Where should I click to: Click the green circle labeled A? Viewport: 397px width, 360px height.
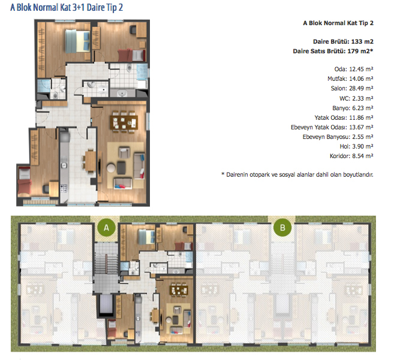click(x=106, y=228)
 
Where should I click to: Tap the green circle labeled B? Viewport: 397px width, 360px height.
click(x=282, y=228)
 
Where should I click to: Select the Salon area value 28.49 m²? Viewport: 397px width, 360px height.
click(x=361, y=89)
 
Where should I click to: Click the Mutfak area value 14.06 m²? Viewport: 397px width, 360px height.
click(x=361, y=79)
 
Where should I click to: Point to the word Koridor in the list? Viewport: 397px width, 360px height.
click(x=339, y=156)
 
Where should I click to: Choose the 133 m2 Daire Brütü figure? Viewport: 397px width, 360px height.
click(x=362, y=42)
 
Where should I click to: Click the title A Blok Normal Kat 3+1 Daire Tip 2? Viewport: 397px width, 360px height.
click(x=67, y=8)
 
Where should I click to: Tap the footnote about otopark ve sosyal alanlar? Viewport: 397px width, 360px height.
click(x=297, y=175)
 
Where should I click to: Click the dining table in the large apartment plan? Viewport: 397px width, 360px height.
click(x=124, y=122)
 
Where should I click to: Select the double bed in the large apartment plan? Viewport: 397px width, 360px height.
click(x=77, y=41)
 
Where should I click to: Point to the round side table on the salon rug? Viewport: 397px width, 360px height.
click(x=111, y=168)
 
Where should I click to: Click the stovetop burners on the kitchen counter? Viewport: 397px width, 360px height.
click(x=64, y=188)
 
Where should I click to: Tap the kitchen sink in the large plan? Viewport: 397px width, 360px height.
click(x=64, y=165)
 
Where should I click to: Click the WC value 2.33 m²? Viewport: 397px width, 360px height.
click(x=363, y=99)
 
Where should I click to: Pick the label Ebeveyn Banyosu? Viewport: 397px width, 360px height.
click(x=326, y=137)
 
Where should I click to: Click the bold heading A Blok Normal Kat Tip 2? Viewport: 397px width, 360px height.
click(x=338, y=23)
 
